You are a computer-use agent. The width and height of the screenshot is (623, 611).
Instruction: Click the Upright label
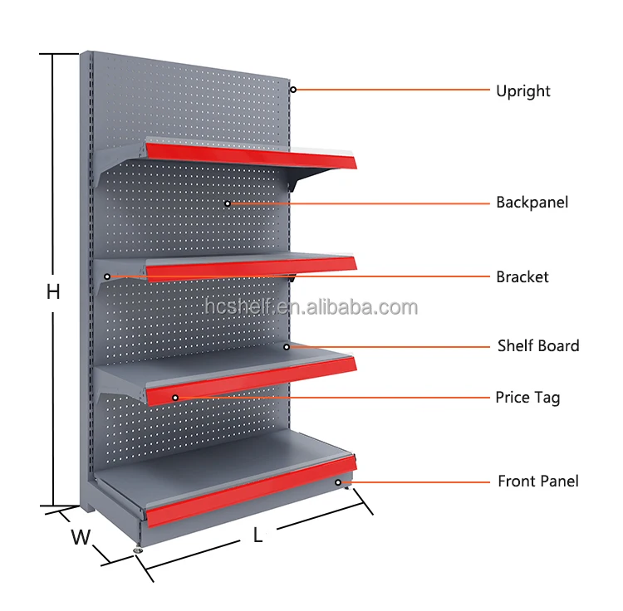click(523, 91)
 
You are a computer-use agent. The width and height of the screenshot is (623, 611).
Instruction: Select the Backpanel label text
click(532, 202)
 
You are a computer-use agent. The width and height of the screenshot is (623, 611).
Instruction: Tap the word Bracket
click(522, 276)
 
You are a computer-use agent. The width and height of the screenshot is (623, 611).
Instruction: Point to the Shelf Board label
click(538, 345)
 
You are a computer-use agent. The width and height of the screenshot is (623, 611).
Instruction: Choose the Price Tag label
click(527, 398)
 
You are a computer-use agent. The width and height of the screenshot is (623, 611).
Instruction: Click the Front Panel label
click(538, 481)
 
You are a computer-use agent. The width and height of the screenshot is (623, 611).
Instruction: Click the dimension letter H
click(53, 292)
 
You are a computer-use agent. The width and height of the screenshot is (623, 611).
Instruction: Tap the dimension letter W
click(80, 537)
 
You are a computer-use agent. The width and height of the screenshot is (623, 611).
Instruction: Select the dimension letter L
click(258, 536)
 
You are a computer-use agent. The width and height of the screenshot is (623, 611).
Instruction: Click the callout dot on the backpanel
click(228, 203)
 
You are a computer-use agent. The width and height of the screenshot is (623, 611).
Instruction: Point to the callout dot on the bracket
click(106, 276)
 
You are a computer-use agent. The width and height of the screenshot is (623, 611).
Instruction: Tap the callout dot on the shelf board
click(287, 346)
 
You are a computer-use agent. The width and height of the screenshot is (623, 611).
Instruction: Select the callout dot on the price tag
click(175, 398)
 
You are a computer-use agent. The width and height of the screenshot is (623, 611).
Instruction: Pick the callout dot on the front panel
click(338, 481)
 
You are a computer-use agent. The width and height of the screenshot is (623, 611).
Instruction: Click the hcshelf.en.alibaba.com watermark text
click(311, 308)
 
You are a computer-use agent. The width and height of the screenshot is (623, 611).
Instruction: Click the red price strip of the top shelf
click(249, 154)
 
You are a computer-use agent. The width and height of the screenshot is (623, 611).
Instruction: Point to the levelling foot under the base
click(137, 550)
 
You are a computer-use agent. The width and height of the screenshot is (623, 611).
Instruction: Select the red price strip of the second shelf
click(249, 269)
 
